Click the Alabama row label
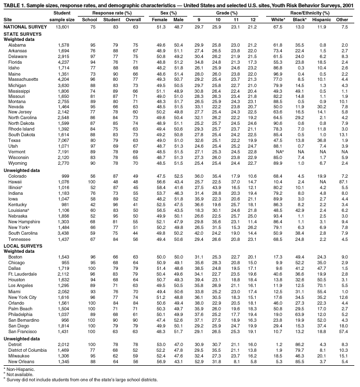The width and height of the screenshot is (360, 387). pyautogui.click(x=17, y=45)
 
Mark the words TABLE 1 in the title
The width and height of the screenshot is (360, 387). pyautogui.click(x=16, y=4)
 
